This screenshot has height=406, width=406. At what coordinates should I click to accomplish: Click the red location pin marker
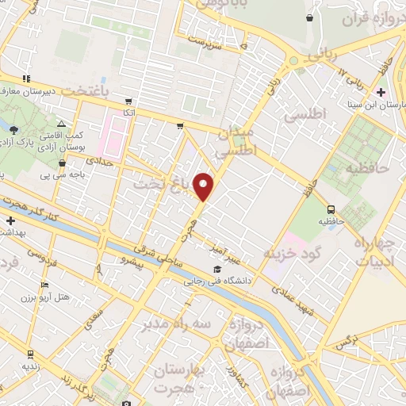tap(205, 186)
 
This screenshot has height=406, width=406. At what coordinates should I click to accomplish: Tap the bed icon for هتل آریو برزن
tap(44, 285)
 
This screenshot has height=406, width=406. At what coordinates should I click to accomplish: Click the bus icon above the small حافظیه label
tap(331, 209)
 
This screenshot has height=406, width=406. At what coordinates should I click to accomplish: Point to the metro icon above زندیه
tap(30, 354)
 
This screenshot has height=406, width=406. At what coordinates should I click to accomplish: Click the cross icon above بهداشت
tap(10, 220)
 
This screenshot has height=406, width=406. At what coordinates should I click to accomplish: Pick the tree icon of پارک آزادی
tap(14, 129)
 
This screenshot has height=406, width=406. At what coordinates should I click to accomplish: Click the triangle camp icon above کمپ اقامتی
tap(61, 124)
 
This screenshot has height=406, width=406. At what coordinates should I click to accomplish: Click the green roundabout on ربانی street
tap(293, 60)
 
